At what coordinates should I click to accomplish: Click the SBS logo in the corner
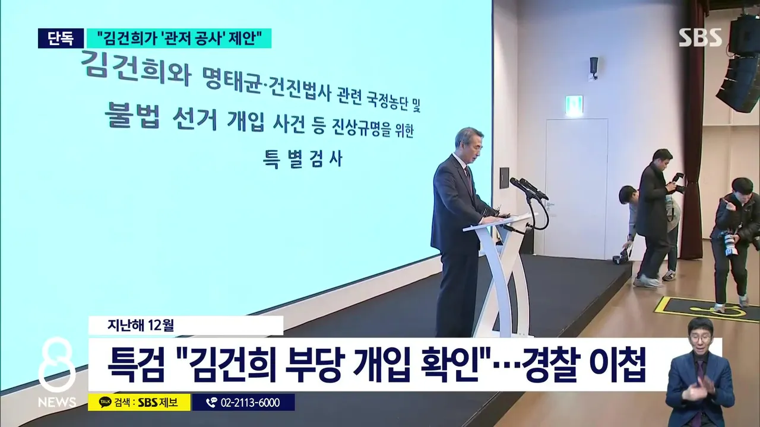[x=699, y=37]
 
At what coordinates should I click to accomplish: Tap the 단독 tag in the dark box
[x=61, y=39]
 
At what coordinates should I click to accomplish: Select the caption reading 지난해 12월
[x=141, y=326]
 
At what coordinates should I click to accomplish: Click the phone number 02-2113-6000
[x=251, y=403]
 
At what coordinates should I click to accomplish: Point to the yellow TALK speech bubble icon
[x=106, y=402]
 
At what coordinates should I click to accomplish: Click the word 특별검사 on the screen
[x=303, y=158]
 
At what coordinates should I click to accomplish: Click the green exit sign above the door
[x=574, y=106]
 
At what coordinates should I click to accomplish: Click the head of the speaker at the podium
[x=469, y=143]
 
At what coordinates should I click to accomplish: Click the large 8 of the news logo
[x=56, y=365]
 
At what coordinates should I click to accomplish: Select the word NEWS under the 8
[x=56, y=403]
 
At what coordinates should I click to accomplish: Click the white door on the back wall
[x=575, y=188]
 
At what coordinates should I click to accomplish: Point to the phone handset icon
[x=211, y=403]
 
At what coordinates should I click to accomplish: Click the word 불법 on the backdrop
[x=132, y=114]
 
